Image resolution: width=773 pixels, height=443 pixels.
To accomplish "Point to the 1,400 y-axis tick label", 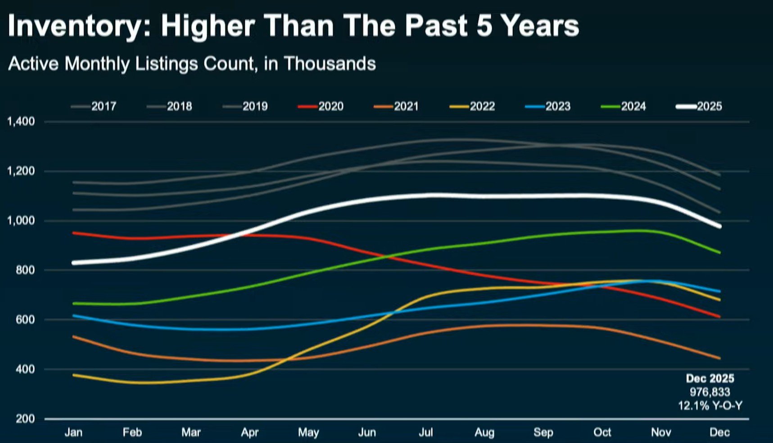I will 21,121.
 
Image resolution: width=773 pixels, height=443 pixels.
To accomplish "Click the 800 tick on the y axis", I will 25,270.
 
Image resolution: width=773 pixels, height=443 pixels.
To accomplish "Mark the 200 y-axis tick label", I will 25,419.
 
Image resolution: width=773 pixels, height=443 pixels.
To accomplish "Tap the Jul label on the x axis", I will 426,433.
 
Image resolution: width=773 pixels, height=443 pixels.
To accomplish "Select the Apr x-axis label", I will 250,433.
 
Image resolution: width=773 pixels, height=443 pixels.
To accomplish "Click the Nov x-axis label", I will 661,433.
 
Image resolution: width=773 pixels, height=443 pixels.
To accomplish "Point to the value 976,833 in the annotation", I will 710,392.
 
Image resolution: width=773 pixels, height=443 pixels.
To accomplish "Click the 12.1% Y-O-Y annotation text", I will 710,406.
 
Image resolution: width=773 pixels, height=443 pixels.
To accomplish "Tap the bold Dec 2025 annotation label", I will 710,379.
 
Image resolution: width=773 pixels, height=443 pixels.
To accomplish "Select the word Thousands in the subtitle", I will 330,64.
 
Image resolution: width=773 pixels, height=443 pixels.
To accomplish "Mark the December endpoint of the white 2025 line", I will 719,226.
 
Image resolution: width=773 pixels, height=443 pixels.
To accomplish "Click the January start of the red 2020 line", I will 74,233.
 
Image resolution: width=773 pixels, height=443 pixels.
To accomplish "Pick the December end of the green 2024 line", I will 719,253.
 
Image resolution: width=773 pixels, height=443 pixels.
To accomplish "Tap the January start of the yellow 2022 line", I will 74,375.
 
